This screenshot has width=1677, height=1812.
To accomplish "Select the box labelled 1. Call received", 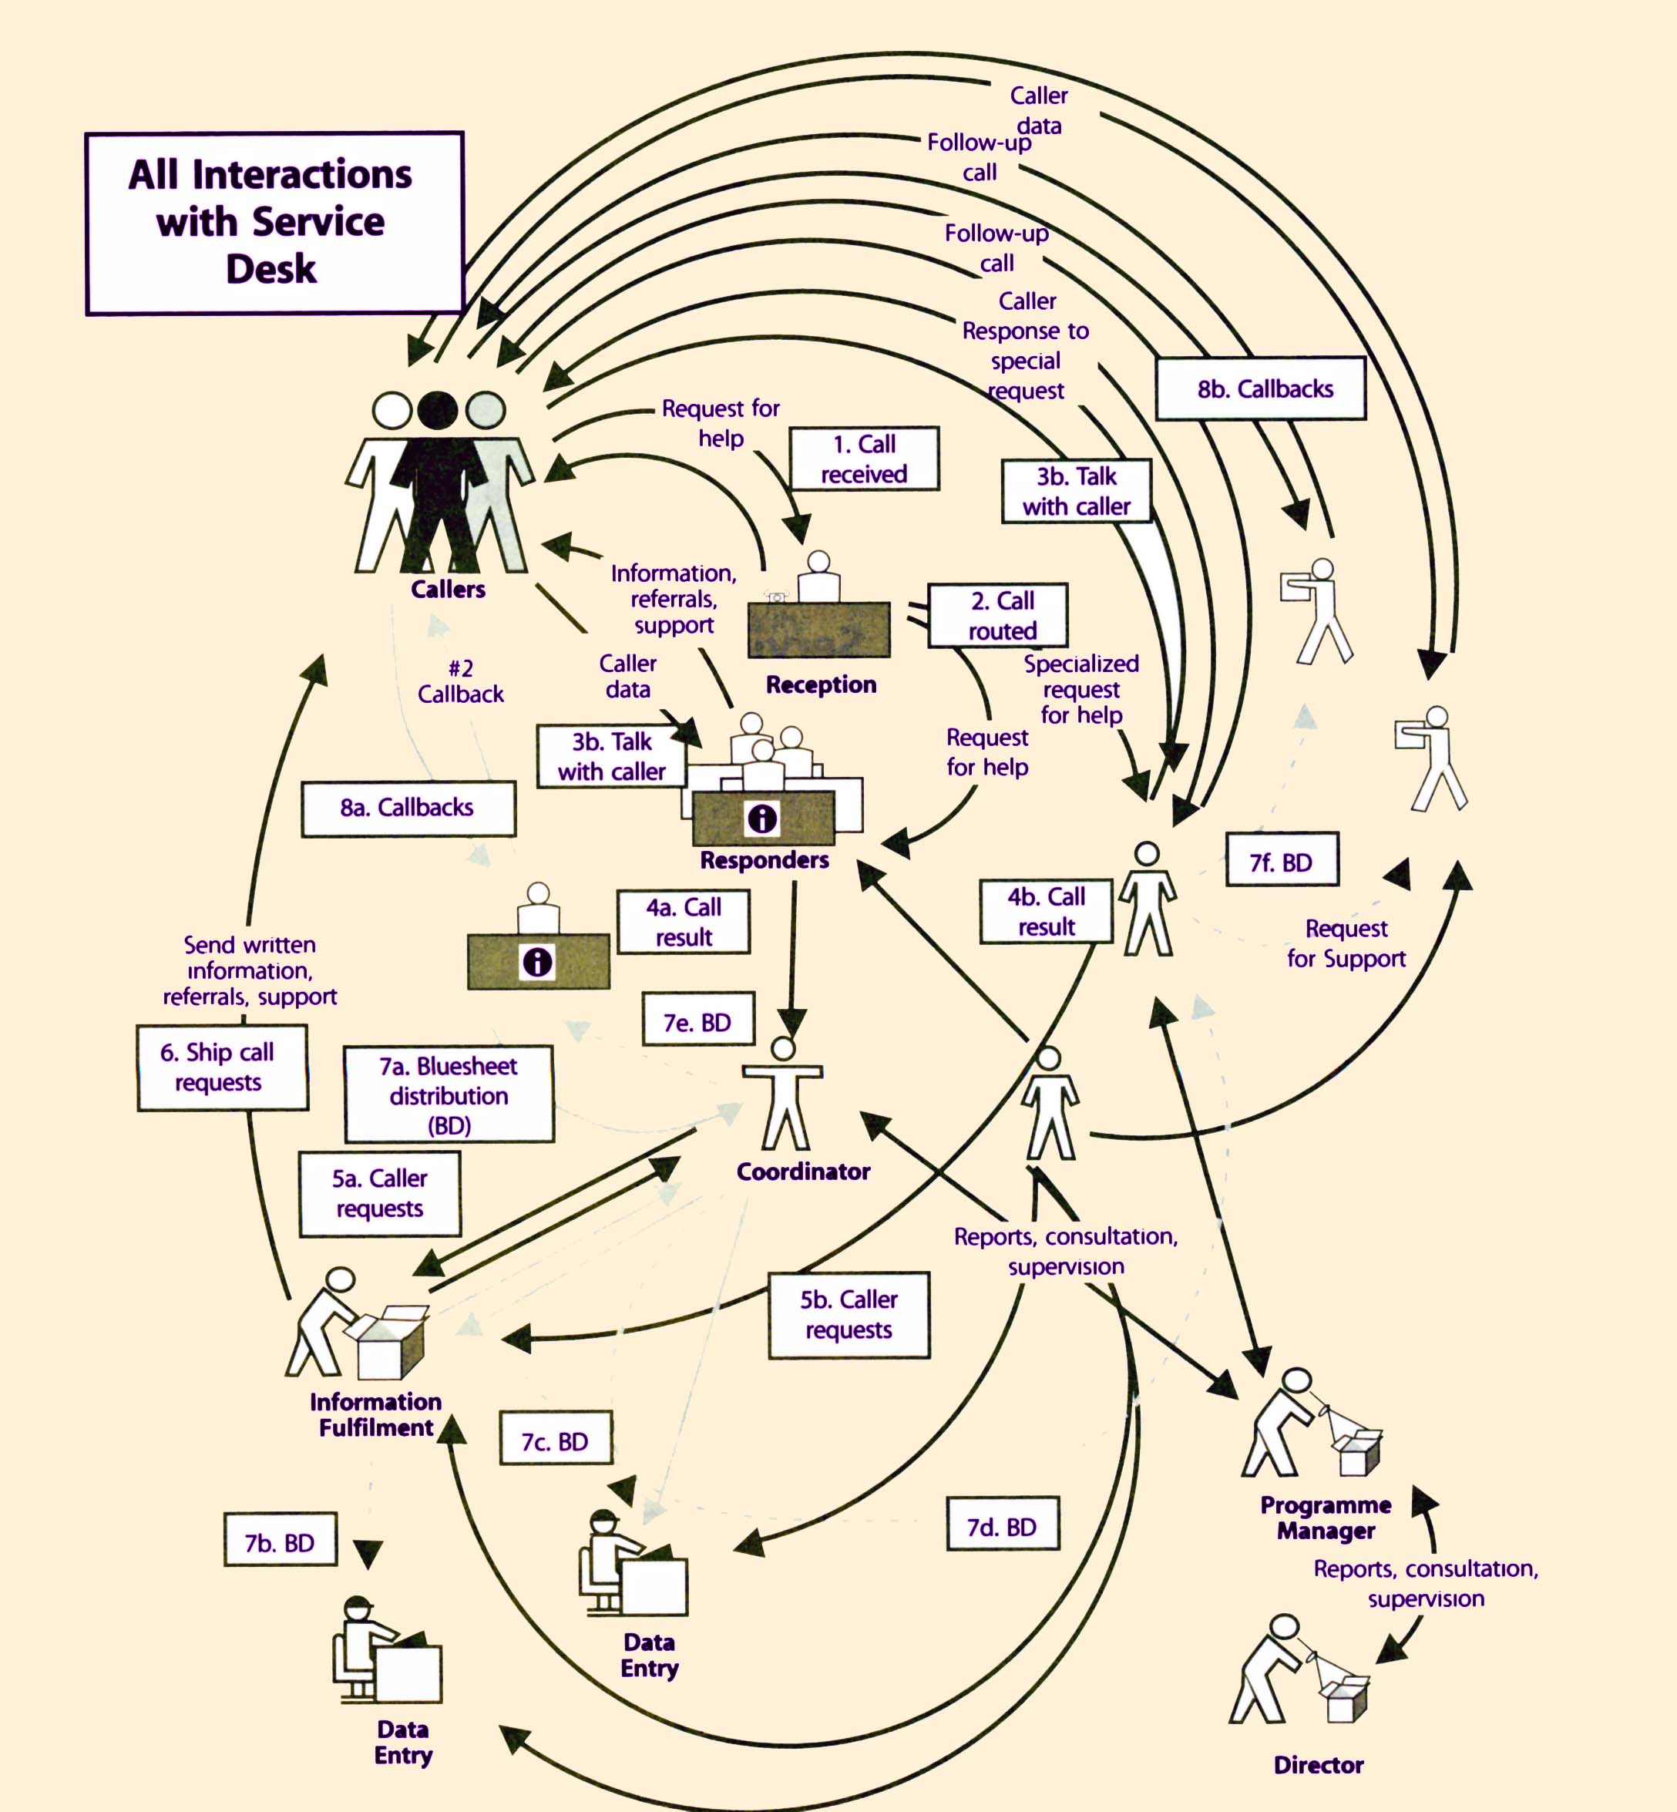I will [864, 459].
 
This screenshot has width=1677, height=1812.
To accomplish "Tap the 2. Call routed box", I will [997, 615].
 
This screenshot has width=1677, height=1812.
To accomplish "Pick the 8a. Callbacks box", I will [408, 808].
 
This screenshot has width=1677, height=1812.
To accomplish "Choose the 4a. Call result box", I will [684, 922].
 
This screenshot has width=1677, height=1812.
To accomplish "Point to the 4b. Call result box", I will [1047, 911].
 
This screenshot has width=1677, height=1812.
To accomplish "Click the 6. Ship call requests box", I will [222, 1067].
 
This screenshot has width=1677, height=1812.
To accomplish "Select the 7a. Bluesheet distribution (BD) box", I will [449, 1094].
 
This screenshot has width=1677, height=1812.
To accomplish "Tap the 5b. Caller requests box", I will [849, 1315].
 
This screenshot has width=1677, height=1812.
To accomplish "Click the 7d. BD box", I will [1003, 1527].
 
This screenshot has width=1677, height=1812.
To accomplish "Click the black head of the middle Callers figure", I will [439, 410].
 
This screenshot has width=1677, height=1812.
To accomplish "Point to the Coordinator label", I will [803, 1172].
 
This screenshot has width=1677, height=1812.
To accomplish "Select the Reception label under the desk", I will [822, 684].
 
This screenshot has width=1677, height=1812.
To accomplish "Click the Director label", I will [1319, 1764].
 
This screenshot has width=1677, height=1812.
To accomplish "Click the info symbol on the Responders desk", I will [762, 819].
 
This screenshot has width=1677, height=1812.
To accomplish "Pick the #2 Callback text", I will [460, 681].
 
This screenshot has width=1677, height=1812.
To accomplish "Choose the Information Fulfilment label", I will [375, 1414].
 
